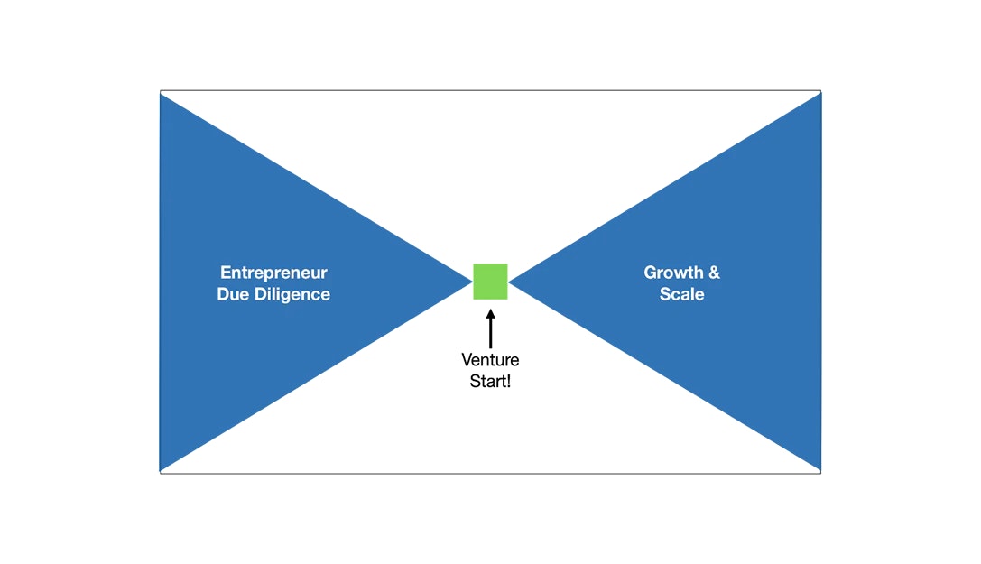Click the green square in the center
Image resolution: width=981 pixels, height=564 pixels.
(490, 281)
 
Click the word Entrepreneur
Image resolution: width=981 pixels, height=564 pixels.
(273, 273)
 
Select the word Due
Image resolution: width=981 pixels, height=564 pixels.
(233, 295)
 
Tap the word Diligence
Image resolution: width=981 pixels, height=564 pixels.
(291, 295)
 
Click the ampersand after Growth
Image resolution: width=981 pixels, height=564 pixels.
(715, 273)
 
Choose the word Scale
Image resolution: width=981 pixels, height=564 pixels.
(682, 295)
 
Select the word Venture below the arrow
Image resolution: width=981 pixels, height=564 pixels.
(490, 361)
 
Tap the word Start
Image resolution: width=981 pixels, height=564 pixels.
(487, 381)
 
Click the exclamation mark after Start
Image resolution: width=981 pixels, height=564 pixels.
(508, 381)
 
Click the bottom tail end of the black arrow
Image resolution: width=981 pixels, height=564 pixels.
(490, 347)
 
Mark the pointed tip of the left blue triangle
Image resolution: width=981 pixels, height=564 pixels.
(470, 281)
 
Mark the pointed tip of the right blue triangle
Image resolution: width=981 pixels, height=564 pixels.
(511, 281)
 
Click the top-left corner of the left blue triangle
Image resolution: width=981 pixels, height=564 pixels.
(162, 95)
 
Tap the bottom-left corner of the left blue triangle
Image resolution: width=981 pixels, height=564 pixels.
(162, 468)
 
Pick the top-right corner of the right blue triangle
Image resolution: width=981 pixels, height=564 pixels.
(819, 95)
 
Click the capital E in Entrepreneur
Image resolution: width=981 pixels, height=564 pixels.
(225, 273)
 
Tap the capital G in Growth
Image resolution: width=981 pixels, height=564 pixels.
(650, 273)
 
